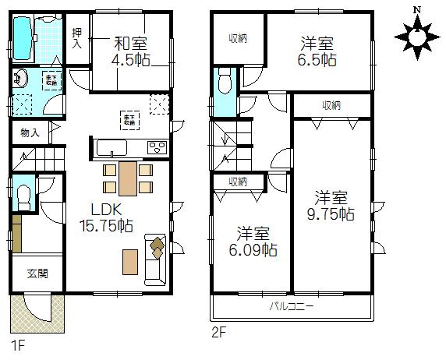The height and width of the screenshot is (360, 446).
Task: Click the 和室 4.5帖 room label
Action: tap(130, 51)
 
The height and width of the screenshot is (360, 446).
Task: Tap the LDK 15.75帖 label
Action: tap(107, 217)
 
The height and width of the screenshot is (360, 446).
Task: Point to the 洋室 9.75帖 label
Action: tap(334, 204)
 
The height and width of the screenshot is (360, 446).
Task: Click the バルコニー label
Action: tap(292, 306)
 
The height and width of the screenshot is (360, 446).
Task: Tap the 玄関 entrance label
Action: tap(37, 274)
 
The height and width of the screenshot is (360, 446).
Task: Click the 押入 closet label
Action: tap(76, 38)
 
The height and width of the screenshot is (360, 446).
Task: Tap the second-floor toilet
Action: tap(225, 80)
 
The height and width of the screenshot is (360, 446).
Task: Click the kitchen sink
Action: tap(110, 148)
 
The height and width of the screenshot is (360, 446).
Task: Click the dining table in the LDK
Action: tap(128, 179)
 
